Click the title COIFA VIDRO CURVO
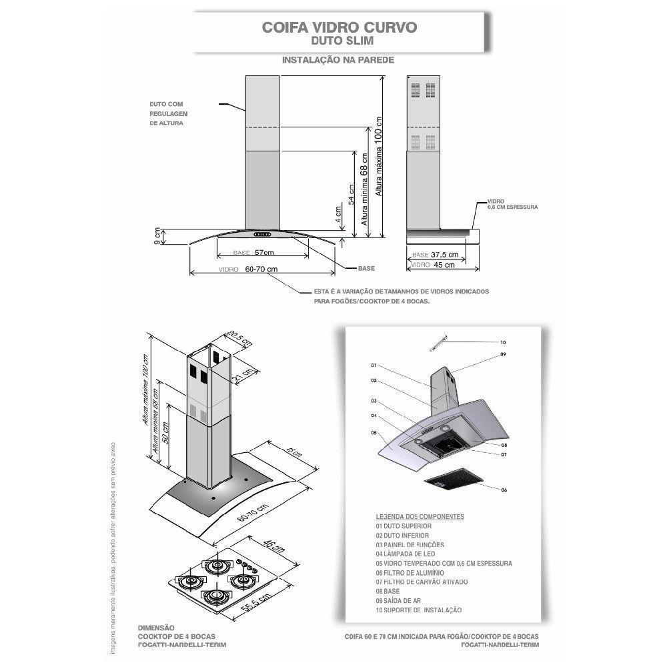[x=340, y=27]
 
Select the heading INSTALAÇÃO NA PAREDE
[x=338, y=60]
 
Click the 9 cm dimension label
[x=158, y=235]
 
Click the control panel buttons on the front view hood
[x=261, y=234]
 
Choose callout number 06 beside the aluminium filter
[x=504, y=490]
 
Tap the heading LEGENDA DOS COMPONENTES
[x=420, y=517]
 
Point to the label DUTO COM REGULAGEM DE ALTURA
[x=167, y=114]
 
